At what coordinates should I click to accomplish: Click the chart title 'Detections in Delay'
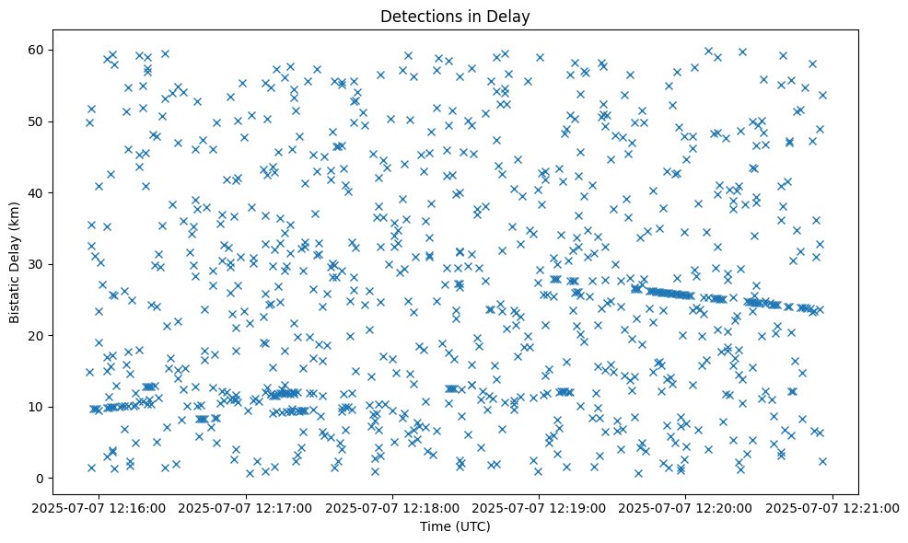point(455,17)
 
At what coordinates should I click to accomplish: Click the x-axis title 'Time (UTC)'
point(455,526)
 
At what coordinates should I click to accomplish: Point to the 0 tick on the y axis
point(40,479)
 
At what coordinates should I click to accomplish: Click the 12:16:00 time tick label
point(100,507)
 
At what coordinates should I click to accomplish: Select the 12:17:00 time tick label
point(247,507)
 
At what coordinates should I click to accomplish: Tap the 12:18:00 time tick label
point(393,507)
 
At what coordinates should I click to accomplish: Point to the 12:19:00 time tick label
point(540,507)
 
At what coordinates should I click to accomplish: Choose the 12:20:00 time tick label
point(686,507)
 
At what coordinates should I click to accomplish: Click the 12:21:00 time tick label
point(832,507)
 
